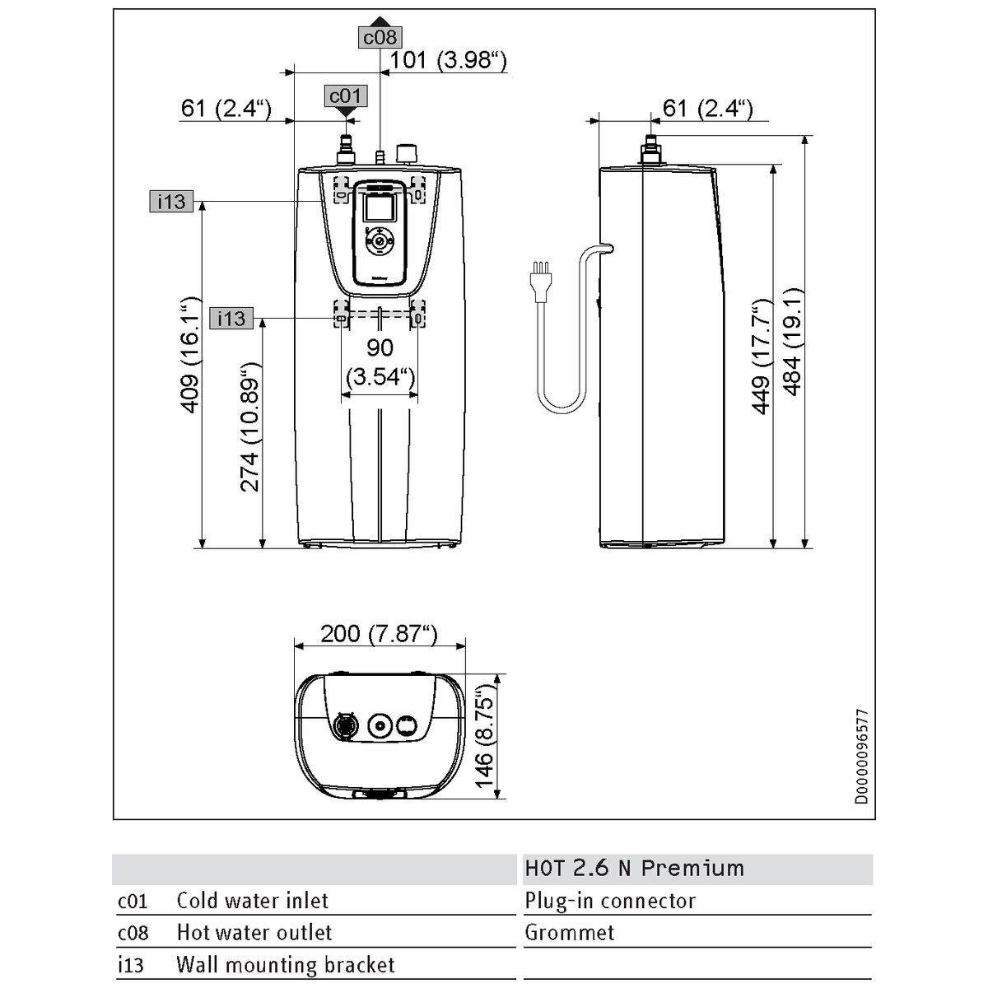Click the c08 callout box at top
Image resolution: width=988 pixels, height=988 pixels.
click(x=380, y=37)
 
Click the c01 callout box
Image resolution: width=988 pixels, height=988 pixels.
click(x=346, y=96)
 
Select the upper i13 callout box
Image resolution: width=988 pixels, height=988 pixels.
click(x=171, y=201)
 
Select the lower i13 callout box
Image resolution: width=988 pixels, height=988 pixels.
click(x=231, y=319)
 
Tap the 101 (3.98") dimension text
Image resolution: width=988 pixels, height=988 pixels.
click(x=448, y=60)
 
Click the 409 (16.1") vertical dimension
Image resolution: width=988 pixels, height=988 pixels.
click(x=190, y=354)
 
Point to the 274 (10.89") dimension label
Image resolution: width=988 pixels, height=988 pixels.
click(x=251, y=427)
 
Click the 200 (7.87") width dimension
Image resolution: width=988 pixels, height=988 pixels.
click(x=380, y=634)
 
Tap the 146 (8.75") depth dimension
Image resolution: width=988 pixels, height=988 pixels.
click(x=484, y=736)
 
